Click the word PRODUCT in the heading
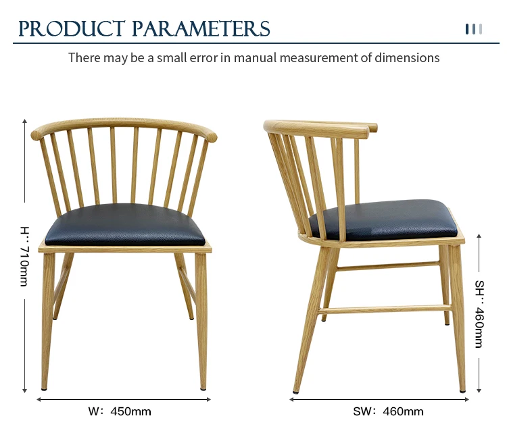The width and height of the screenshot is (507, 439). click(72, 28)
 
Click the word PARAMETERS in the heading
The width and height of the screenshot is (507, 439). click(201, 28)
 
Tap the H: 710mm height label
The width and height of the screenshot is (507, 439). click(24, 257)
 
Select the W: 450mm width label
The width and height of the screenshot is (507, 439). click(120, 411)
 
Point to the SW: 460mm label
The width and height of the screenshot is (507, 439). click(388, 411)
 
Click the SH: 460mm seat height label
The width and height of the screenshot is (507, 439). click(479, 314)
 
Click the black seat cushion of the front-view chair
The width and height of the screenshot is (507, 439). click(125, 224)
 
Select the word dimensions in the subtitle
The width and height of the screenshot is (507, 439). click(407, 58)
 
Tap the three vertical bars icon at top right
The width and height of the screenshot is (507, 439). click(474, 29)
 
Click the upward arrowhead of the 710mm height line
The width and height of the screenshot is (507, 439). click(24, 121)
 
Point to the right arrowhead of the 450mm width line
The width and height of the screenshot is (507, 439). click(209, 400)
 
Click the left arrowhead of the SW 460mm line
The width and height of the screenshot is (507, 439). click(291, 400)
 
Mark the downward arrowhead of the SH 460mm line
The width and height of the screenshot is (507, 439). click(479, 390)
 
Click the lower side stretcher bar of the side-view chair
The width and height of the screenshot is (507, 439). click(385, 309)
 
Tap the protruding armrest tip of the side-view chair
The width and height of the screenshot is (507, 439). click(373, 127)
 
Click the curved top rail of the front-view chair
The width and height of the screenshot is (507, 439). click(124, 124)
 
